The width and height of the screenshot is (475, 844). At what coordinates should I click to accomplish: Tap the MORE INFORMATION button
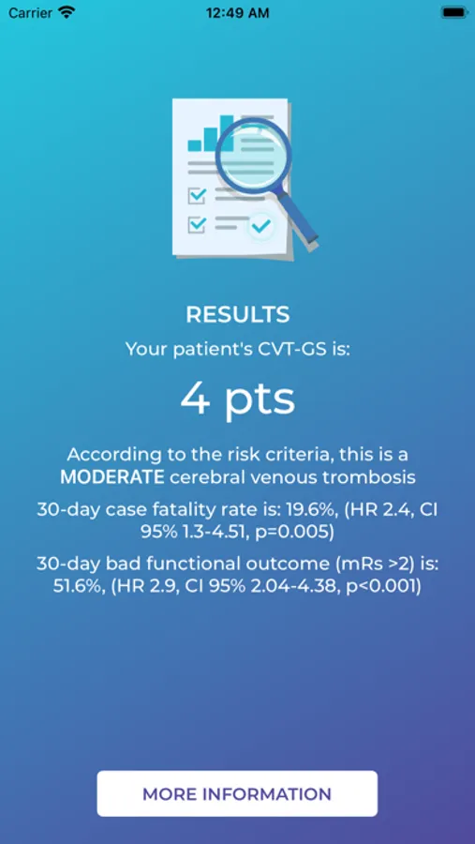click(237, 793)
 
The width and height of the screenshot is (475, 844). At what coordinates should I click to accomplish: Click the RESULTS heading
click(238, 315)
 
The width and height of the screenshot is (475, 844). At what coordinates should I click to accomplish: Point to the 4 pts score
click(238, 399)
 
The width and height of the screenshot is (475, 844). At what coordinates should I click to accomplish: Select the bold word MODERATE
click(112, 477)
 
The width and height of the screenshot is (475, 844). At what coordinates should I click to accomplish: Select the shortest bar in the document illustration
click(194, 145)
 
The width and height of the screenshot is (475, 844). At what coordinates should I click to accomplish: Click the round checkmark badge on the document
click(261, 227)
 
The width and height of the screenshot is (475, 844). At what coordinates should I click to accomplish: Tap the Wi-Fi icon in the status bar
click(67, 12)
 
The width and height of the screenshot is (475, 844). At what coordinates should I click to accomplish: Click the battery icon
click(453, 12)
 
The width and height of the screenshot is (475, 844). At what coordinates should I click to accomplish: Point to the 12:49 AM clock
click(237, 12)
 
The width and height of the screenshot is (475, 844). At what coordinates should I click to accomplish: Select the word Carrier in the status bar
click(31, 12)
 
